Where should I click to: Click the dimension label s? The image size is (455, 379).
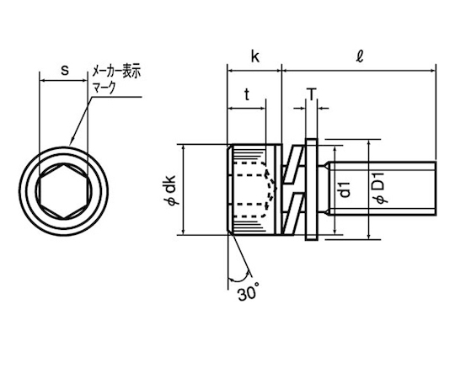coord(65,70)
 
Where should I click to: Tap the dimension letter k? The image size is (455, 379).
coord(255,56)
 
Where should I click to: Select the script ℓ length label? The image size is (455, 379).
coord(360,56)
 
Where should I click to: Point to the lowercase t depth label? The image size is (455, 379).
coord(247,94)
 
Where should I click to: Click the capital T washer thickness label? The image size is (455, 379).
coord(312,94)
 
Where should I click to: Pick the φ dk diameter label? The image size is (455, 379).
coord(172,190)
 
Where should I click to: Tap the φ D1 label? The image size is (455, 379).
coord(379,188)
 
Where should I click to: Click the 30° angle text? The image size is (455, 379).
coord(249,293)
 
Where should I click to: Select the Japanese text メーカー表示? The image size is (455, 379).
coord(116,71)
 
